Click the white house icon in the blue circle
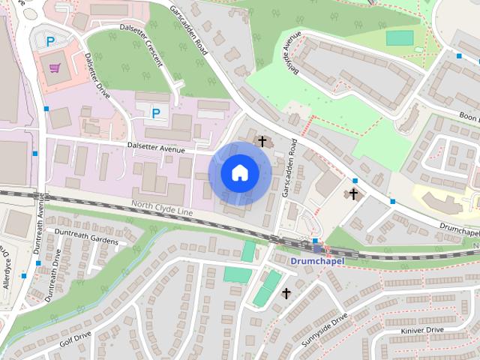click(x=239, y=172)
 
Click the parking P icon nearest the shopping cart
click(x=50, y=41)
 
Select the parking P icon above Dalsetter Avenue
click(x=156, y=113)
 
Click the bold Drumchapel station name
click(x=316, y=261)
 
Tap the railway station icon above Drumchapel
click(x=317, y=247)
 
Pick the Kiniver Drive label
click(x=423, y=331)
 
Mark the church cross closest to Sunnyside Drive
click(x=286, y=293)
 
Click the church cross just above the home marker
click(x=262, y=140)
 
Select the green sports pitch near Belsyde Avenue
click(x=400, y=37)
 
